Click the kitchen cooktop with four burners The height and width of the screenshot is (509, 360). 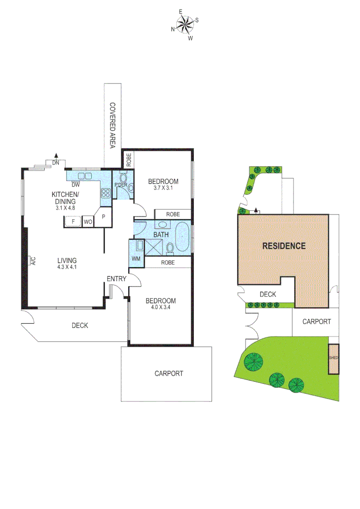pos(106,192)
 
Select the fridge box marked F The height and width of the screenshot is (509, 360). pos(73,221)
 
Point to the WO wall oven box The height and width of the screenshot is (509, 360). pos(88,221)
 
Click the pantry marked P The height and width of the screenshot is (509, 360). pos(103,218)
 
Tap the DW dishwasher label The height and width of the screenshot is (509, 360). pos(75,185)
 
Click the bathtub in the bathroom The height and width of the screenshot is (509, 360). pos(182,238)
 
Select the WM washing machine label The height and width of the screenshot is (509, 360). pos(136,259)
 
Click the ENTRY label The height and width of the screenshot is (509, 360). pos(116,279)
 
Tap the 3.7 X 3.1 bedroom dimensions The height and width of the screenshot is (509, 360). pos(163,189)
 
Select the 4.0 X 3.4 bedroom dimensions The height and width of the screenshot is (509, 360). pos(161,308)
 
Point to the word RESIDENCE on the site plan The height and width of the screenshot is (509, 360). pos(284,246)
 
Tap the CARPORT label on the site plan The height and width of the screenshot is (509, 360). pos(316,321)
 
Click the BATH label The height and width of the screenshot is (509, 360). pos(161,234)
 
